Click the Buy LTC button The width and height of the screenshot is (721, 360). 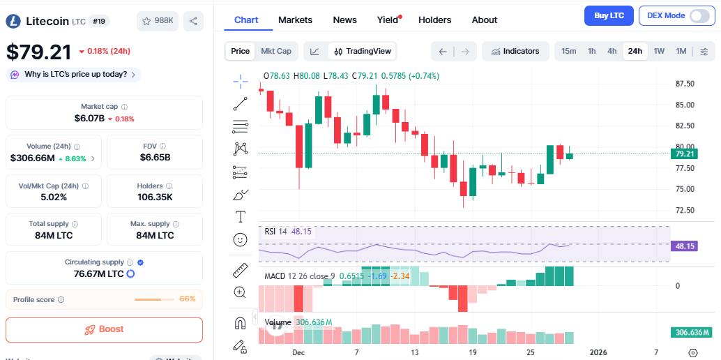(609, 15)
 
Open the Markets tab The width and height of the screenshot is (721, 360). (295, 20)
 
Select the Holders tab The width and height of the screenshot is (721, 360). (434, 20)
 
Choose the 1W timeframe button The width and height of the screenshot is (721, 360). (659, 51)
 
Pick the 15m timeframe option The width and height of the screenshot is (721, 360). (568, 51)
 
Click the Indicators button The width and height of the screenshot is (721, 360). (515, 51)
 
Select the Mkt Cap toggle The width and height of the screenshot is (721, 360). (276, 51)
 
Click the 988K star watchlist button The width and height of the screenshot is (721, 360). (158, 21)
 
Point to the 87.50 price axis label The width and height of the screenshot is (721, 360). (685, 84)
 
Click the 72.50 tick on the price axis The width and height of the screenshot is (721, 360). (685, 210)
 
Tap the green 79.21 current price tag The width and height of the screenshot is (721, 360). (685, 153)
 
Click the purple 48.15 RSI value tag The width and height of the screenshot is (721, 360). (685, 246)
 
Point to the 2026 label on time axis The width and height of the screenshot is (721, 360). (598, 352)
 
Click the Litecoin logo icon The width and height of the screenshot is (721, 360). (13, 21)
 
